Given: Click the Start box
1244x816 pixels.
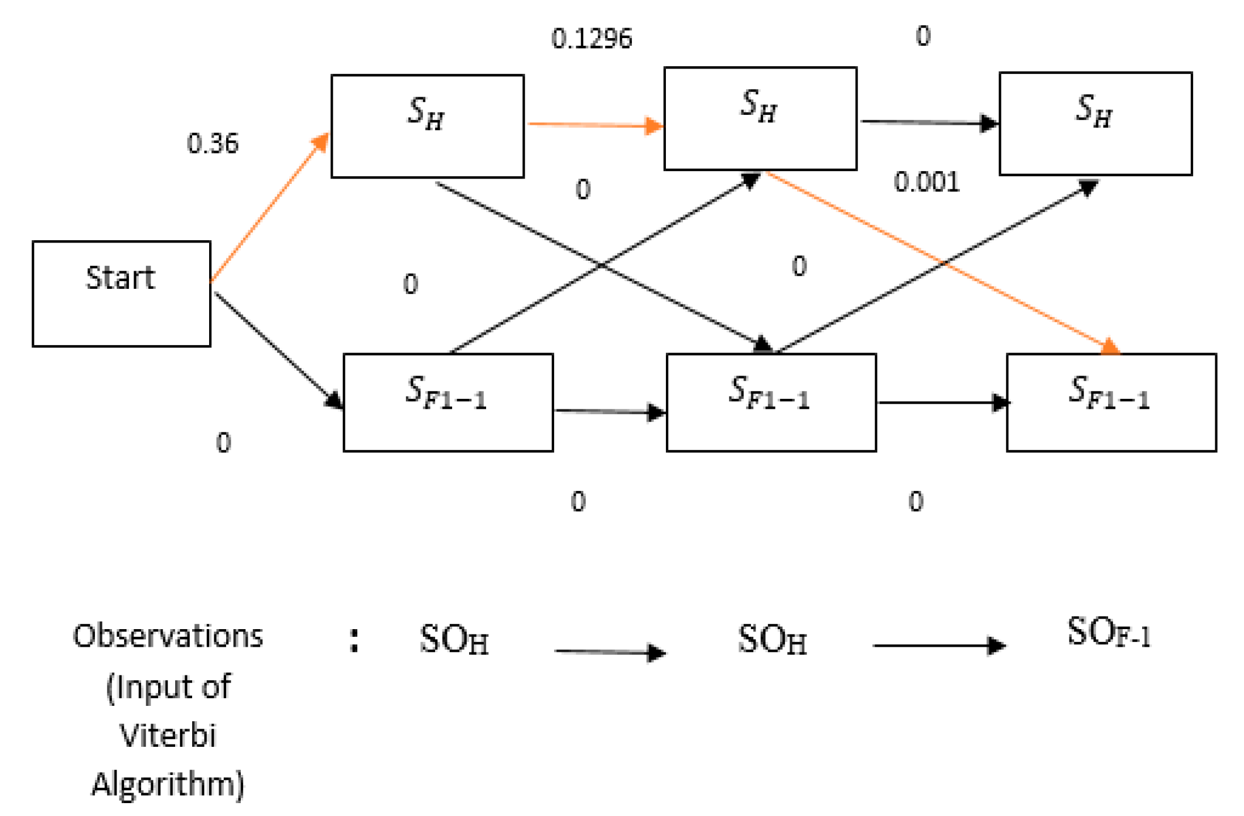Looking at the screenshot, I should (121, 293).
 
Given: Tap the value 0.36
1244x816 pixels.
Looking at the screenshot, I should (213, 144).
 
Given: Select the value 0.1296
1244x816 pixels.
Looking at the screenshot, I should (592, 39).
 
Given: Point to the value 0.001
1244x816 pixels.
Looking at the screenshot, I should (927, 183).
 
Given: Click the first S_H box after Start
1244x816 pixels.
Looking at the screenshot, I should (427, 126).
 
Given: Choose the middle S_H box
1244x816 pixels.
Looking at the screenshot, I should (760, 119).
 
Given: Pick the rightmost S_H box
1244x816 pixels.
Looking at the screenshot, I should (1095, 124).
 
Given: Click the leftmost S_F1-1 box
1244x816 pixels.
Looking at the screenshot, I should (447, 402).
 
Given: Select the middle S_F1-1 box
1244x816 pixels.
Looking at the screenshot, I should (771, 402).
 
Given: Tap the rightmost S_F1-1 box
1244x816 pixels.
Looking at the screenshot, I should (1110, 402).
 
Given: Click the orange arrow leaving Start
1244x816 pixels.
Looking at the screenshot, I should (269, 208).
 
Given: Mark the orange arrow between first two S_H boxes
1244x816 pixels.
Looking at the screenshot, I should (594, 125).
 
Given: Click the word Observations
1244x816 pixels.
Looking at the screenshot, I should (168, 636).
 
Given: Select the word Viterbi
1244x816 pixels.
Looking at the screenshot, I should (168, 735).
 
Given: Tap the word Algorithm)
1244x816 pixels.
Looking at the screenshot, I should (168, 784).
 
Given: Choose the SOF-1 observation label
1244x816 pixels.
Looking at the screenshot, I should (1109, 633).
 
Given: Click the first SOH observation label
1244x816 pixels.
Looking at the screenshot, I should (454, 640).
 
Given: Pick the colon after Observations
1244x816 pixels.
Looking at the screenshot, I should (354, 641).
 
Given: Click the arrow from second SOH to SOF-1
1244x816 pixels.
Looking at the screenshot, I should (939, 646).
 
